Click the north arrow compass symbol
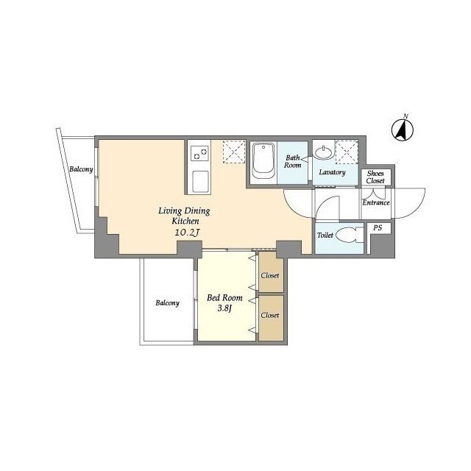[x=403, y=130]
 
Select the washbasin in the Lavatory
[x=323, y=152]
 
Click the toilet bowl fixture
[x=350, y=235]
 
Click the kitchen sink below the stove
[x=200, y=182]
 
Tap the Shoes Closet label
[x=375, y=177]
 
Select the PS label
[x=378, y=227]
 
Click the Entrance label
[x=376, y=202]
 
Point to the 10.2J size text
[x=187, y=233]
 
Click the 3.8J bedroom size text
[x=224, y=308]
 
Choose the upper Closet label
[x=270, y=275]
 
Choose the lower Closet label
[x=270, y=315]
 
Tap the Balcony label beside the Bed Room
[x=167, y=302]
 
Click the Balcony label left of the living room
[x=81, y=169]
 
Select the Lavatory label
[x=332, y=172]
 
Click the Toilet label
[x=325, y=235]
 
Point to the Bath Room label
[x=293, y=161]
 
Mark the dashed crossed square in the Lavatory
[x=347, y=152]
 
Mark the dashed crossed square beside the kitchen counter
[x=234, y=152]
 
